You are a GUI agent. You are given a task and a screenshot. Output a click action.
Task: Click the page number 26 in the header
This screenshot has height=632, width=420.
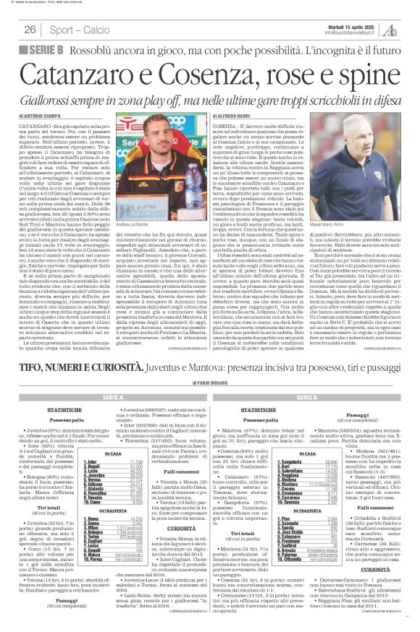point(30,29)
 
